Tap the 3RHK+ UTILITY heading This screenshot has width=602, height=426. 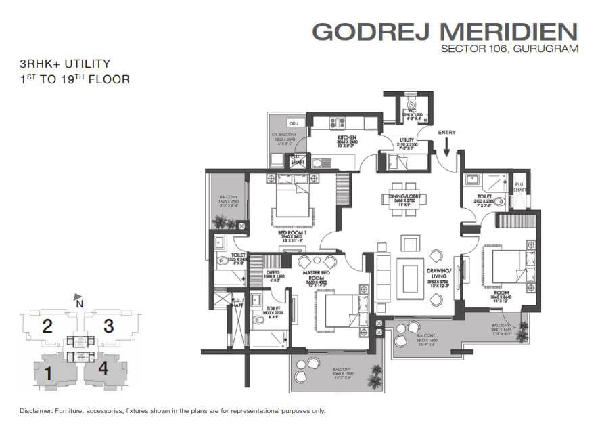click(65, 64)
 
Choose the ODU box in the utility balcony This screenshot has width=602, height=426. click(293, 124)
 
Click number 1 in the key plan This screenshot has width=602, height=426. click(48, 372)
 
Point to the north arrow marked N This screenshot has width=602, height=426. click(78, 297)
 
